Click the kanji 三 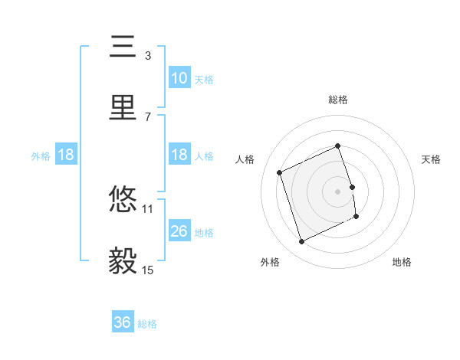(x=123, y=47)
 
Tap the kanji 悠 (x=123, y=200)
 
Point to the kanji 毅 (x=123, y=261)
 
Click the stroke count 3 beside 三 (x=148, y=55)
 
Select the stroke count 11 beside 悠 (x=148, y=208)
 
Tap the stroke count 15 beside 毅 (x=148, y=270)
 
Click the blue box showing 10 (x=179, y=77)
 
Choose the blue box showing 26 (x=179, y=231)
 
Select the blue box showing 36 (x=123, y=322)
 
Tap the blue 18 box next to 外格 (x=66, y=155)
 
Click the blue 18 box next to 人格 (x=179, y=155)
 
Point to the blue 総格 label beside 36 (x=147, y=324)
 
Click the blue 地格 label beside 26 (x=204, y=232)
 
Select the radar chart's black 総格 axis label (x=338, y=100)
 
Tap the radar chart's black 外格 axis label (x=270, y=263)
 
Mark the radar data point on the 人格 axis (x=281, y=172)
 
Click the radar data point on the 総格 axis (x=338, y=146)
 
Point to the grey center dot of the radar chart (x=338, y=191)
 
